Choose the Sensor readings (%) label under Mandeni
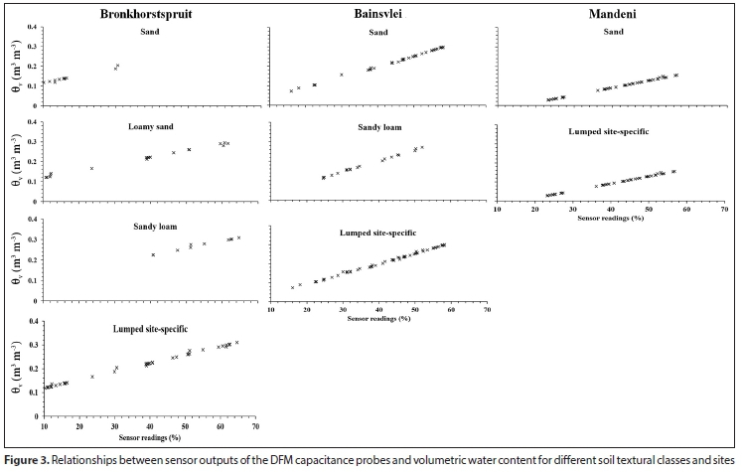click(610, 219)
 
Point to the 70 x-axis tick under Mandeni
click(724, 210)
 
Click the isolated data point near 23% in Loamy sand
click(92, 168)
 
